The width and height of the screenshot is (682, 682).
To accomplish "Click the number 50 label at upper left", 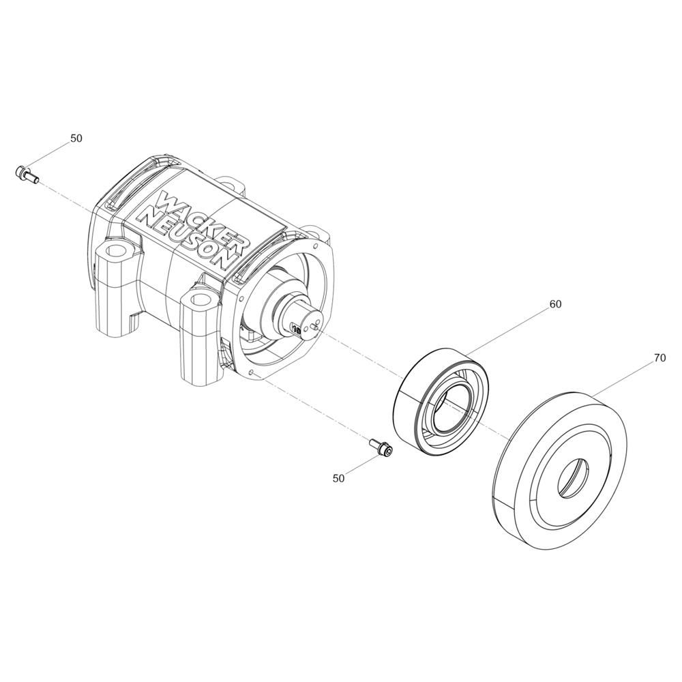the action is point(76,138).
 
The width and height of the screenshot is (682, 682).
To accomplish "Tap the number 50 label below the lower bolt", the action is point(338,479).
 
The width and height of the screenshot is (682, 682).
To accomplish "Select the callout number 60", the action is point(556,304).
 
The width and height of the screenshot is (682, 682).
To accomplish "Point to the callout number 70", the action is point(659,358).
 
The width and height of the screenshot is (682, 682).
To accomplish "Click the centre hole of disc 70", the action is point(574,477).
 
